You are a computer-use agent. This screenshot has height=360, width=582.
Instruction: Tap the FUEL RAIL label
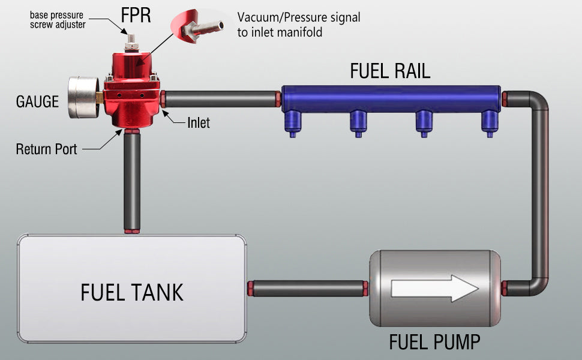[x=390, y=71]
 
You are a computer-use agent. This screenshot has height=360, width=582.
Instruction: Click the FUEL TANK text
[x=132, y=292]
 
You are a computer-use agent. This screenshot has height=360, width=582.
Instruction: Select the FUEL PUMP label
[x=434, y=342]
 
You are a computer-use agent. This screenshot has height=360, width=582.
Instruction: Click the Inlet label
[x=199, y=123]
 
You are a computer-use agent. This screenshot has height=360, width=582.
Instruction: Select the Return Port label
[x=46, y=149]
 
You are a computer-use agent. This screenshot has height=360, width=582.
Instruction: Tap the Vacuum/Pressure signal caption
[x=299, y=25]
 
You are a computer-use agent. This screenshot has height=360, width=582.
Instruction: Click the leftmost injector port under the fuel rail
[x=293, y=122]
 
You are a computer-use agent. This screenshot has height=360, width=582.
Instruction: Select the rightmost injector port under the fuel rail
[x=490, y=122]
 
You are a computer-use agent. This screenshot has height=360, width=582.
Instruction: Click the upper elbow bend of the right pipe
[x=538, y=102]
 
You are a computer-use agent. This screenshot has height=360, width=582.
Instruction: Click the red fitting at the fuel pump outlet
[x=506, y=289]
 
